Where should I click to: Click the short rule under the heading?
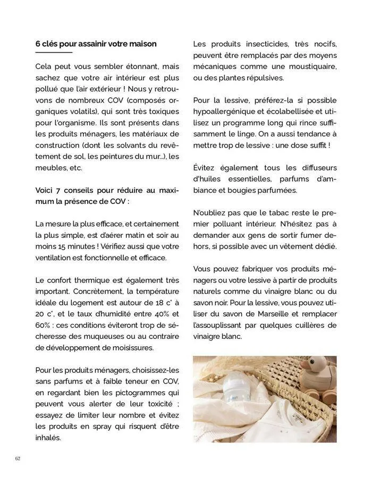coord(53,53)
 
